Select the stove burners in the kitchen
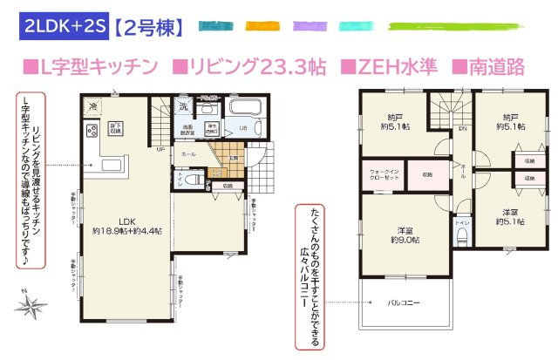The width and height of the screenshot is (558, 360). click(x=92, y=132)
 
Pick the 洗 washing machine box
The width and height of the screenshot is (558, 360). click(x=184, y=107)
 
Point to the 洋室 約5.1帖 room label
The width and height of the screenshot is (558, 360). click(x=510, y=217)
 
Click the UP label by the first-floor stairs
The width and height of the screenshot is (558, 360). click(x=161, y=149)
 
